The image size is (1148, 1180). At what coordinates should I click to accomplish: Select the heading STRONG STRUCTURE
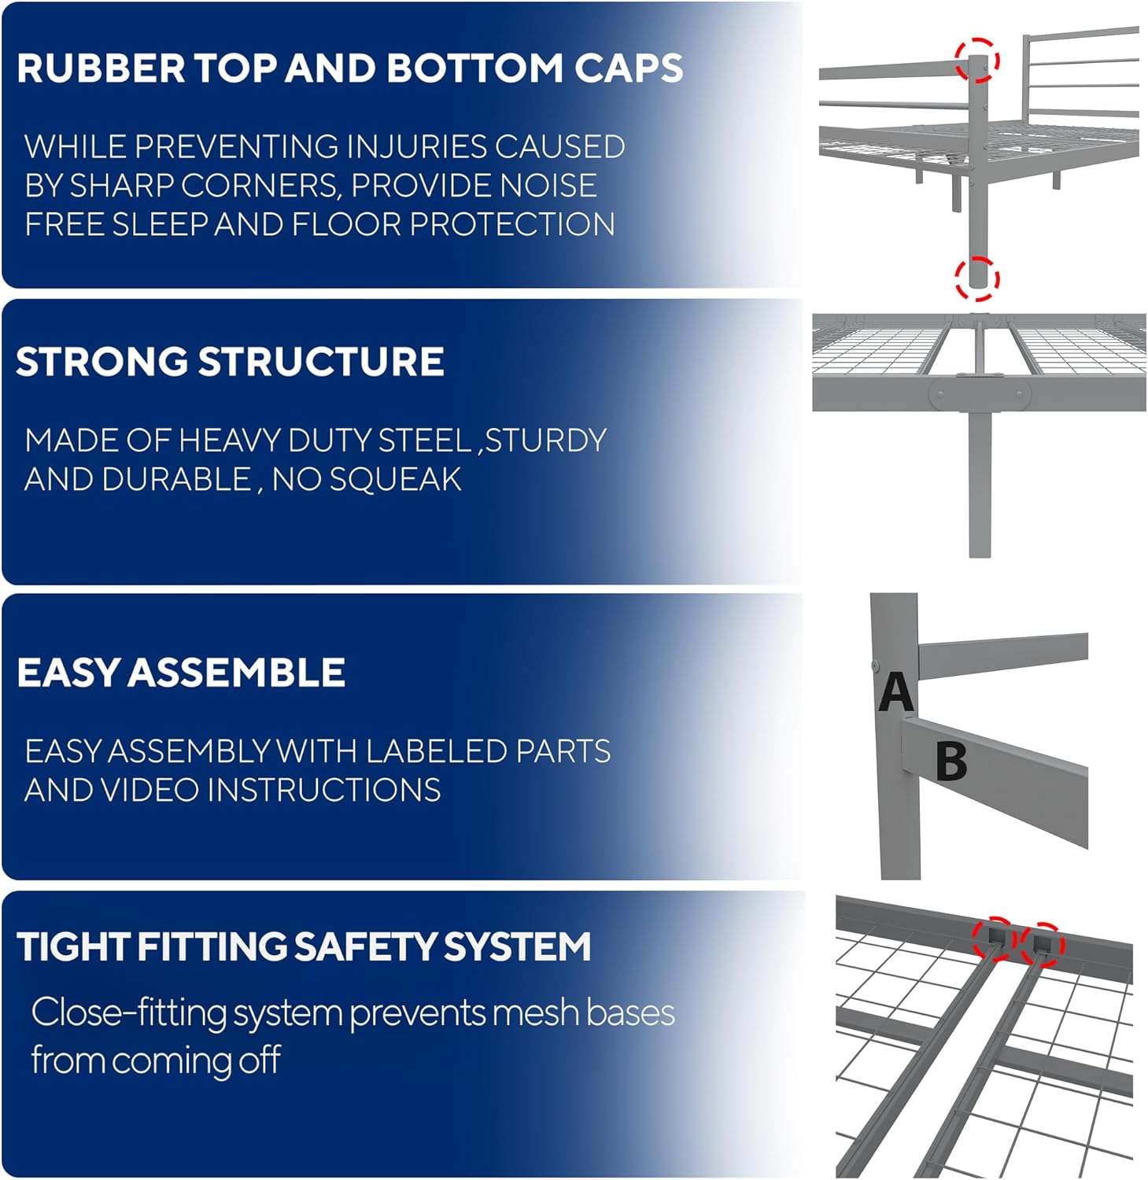tap(230, 362)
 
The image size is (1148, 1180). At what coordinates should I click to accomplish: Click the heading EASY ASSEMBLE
tap(181, 673)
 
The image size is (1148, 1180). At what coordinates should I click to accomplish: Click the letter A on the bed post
tap(896, 692)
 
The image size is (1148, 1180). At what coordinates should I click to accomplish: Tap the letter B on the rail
tap(951, 761)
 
